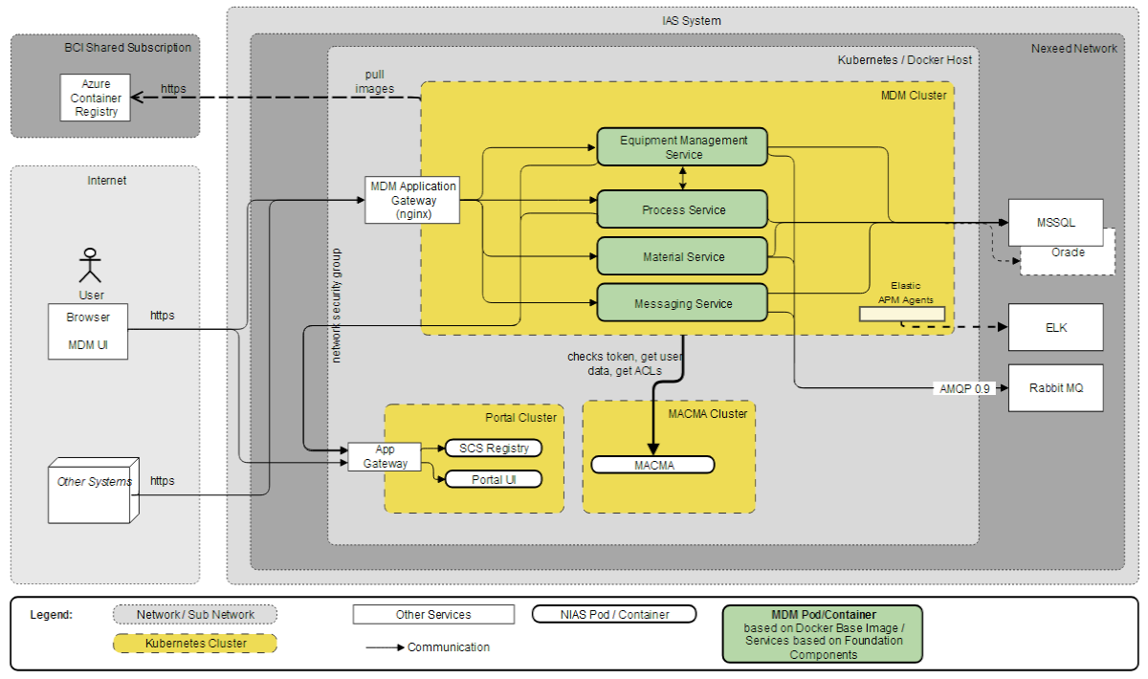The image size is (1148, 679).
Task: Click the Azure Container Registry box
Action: click(97, 98)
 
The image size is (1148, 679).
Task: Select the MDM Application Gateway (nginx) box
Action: click(412, 200)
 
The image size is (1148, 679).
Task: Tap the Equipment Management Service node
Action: click(682, 146)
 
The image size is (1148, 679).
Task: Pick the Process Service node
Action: click(682, 209)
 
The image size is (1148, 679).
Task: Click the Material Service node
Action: click(682, 256)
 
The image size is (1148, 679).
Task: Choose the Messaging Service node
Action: click(682, 303)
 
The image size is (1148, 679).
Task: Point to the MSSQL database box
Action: click(1055, 222)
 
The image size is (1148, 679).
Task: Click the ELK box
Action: click(1055, 327)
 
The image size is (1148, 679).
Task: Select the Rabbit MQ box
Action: click(1055, 388)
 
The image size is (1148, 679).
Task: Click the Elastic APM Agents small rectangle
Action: click(901, 314)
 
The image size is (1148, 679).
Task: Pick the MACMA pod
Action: click(652, 465)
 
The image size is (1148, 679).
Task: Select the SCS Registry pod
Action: click(494, 448)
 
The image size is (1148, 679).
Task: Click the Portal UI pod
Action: click(494, 479)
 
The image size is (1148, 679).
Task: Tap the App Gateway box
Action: click(385, 456)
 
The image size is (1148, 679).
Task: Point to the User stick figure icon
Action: click(90, 265)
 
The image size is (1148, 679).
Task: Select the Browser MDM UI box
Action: click(88, 331)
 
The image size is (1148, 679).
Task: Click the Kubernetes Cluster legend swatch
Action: click(194, 644)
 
